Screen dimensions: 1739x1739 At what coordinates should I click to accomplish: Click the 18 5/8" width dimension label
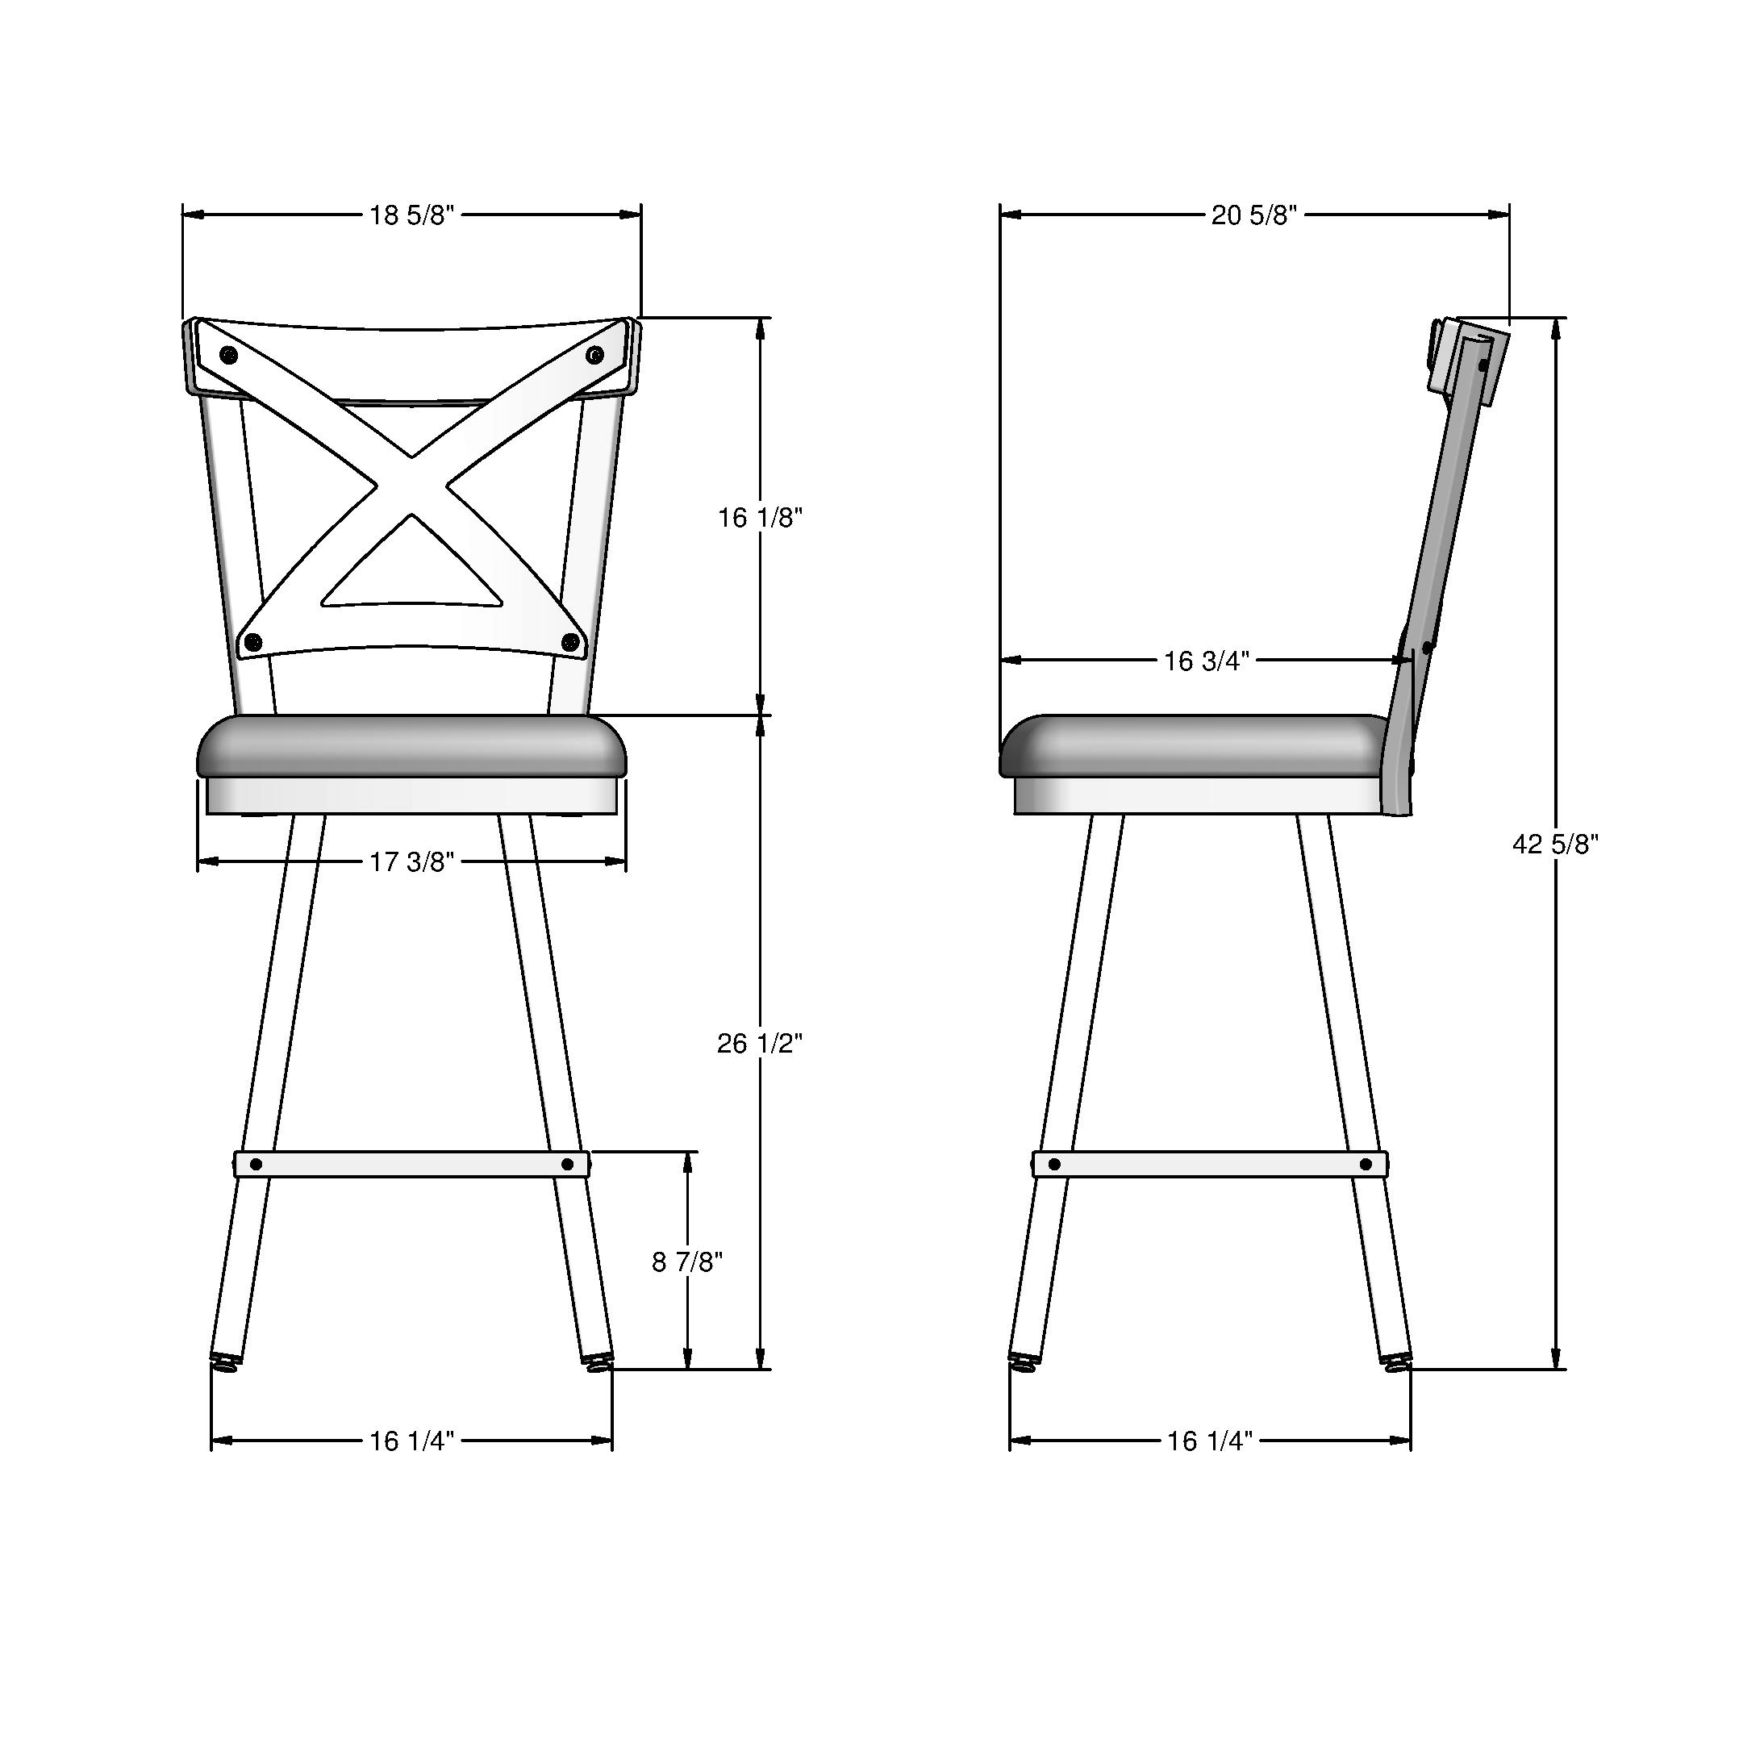[x=411, y=215]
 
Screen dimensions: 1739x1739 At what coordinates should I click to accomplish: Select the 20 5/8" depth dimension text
[x=1254, y=215]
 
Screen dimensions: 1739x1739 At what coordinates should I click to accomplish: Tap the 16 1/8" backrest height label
[x=760, y=518]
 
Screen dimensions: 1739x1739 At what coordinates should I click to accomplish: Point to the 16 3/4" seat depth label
[x=1206, y=661]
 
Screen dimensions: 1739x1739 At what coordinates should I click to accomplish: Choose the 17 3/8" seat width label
[x=411, y=862]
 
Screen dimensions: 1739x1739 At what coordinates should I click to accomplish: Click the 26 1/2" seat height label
[x=760, y=1043]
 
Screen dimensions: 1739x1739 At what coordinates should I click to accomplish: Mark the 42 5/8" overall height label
[x=1555, y=844]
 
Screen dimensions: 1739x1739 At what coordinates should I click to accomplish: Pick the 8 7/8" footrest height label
[x=686, y=1263]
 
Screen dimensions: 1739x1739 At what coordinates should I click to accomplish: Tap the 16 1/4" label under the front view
[x=411, y=1441]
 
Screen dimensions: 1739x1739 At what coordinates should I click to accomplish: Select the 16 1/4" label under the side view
[x=1210, y=1441]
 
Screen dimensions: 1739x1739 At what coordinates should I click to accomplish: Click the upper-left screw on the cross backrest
[x=228, y=355]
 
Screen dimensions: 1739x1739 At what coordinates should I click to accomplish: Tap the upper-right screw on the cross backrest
[x=594, y=355]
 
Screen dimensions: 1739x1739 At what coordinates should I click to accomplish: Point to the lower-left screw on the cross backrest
[x=253, y=642]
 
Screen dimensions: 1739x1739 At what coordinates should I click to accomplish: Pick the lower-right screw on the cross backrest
[x=569, y=642]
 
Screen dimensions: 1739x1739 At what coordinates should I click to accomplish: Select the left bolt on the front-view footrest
[x=256, y=1165]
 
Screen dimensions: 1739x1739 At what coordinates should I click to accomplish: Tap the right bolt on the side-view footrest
[x=1366, y=1165]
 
